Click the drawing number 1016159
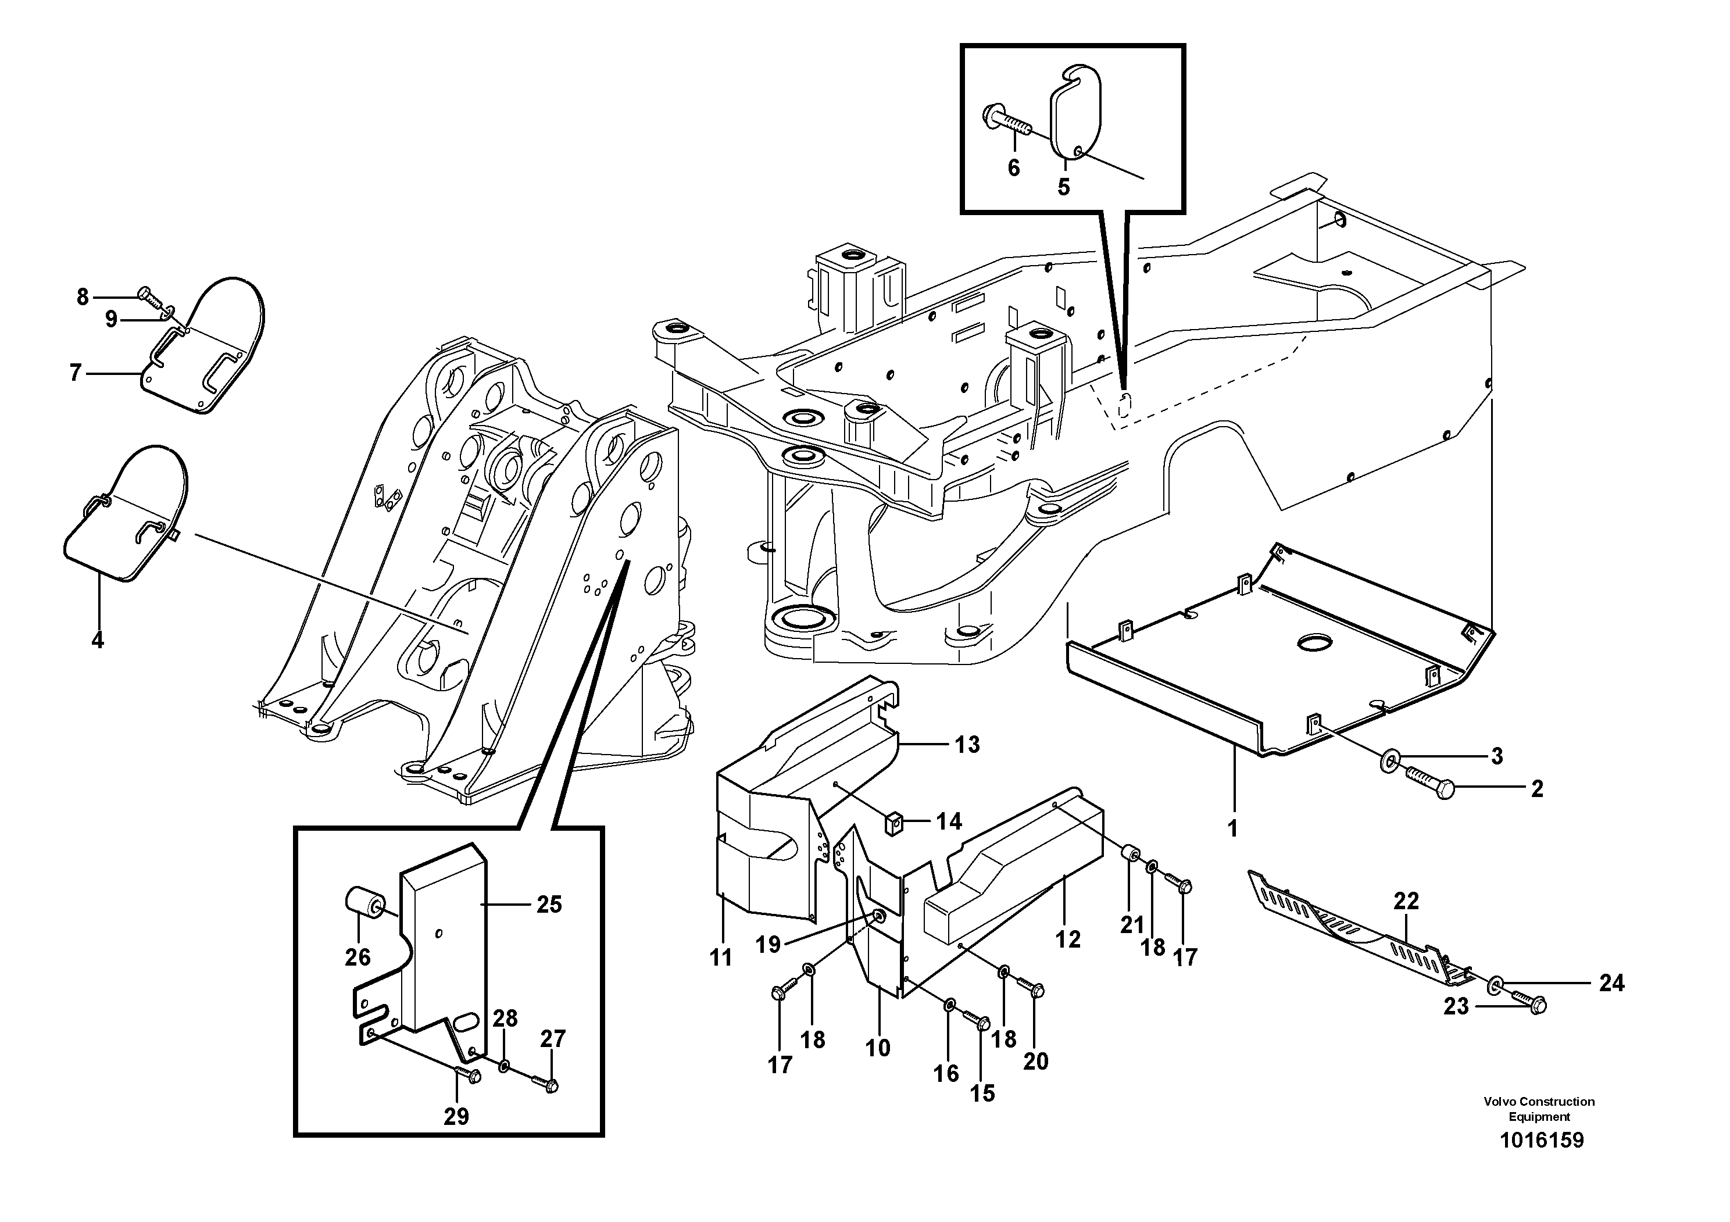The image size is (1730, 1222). pos(1542,1140)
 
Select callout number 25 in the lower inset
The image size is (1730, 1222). pos(549,904)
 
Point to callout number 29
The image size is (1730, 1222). pos(456,1117)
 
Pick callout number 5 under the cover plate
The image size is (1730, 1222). pos(1063,187)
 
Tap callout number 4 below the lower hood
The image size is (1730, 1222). pos(97,641)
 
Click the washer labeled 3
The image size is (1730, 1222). pos(1386,762)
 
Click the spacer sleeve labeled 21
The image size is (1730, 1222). pos(1130,856)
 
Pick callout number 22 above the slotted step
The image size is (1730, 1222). pos(1406,901)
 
